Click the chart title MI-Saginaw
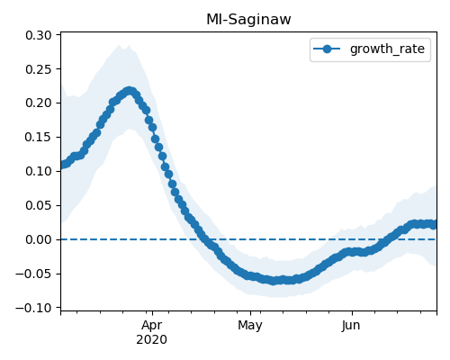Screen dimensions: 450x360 point(248,20)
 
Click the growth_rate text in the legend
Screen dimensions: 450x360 point(387,49)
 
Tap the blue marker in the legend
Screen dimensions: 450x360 point(327,49)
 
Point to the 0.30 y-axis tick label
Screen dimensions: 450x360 point(39,35)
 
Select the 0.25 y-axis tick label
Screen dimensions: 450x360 point(39,69)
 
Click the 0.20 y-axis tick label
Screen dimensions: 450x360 point(39,103)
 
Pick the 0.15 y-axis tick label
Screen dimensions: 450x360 point(39,137)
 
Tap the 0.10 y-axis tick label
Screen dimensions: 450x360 point(39,171)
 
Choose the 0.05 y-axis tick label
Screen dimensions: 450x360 point(39,205)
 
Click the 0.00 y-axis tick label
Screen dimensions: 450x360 point(39,239)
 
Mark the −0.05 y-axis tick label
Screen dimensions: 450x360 point(33,274)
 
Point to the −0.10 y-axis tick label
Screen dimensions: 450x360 point(33,308)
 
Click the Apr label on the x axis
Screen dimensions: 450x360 point(152,326)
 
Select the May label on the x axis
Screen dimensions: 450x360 point(250,326)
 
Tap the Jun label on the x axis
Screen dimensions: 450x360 point(351,326)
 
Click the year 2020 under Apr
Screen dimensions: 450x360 point(151,340)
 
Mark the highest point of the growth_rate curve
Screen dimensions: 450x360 point(130,91)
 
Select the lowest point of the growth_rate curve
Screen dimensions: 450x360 point(273,281)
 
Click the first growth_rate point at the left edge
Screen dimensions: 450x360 point(62,165)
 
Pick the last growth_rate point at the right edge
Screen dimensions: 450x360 point(433,225)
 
